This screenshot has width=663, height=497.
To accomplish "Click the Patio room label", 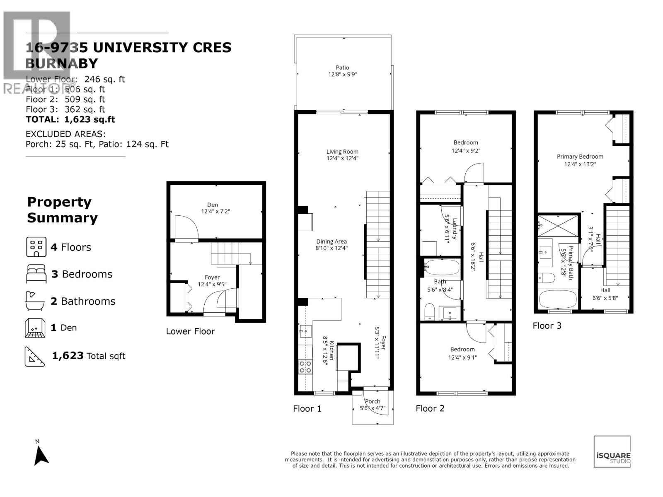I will tap(342, 68).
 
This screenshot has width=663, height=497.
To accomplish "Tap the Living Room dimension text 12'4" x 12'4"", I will tap(342, 158).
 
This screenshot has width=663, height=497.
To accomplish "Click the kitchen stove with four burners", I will tap(306, 367).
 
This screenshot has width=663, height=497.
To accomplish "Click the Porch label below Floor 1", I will tap(373, 401).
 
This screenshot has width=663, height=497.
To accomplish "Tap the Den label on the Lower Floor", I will tap(213, 205).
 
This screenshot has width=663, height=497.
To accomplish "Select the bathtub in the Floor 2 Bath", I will tap(442, 267).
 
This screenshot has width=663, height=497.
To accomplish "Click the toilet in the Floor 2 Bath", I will tap(429, 311).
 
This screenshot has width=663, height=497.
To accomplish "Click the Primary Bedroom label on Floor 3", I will tap(580, 157).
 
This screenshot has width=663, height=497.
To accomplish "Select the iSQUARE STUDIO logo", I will tap(612, 452).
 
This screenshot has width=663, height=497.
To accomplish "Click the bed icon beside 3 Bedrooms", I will tap(36, 274).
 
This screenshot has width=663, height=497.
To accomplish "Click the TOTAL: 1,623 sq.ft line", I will tap(70, 120).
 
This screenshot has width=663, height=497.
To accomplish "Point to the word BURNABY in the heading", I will tap(62, 64).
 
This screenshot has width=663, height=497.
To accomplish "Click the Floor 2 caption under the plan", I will tap(430, 408).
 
